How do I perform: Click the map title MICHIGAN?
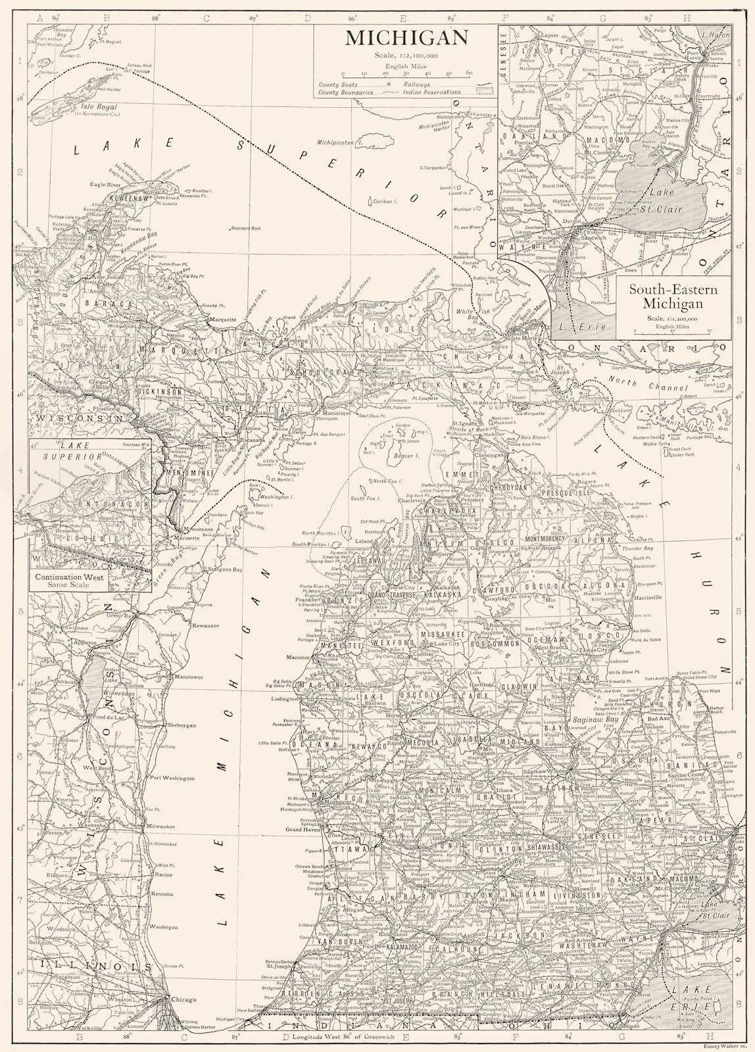click(x=406, y=37)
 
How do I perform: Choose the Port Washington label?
click(x=172, y=778)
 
